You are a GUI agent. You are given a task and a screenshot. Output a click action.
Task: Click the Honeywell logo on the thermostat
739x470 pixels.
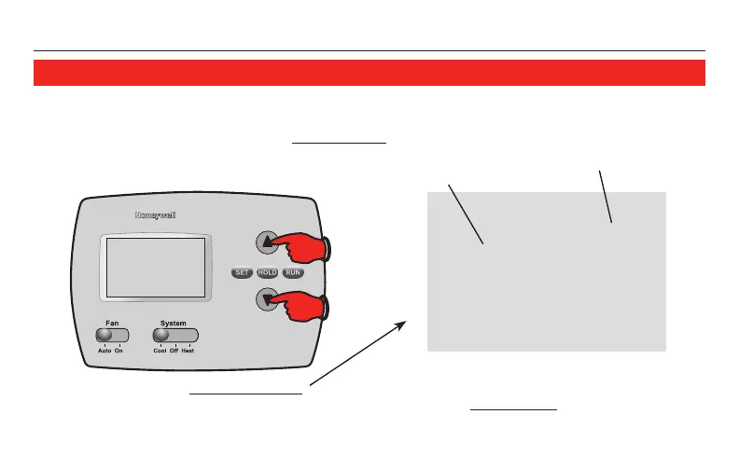(x=156, y=215)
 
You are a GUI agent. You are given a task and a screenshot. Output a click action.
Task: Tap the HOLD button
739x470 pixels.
(x=268, y=272)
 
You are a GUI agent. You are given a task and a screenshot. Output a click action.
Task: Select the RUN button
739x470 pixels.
(x=294, y=272)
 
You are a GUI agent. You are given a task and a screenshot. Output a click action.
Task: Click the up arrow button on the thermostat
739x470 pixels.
(x=267, y=242)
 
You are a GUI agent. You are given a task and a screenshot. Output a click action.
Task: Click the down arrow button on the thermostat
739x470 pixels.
(x=267, y=299)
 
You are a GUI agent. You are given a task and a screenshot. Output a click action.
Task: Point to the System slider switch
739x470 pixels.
(x=174, y=335)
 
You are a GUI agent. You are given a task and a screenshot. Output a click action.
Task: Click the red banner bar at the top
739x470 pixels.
(x=369, y=73)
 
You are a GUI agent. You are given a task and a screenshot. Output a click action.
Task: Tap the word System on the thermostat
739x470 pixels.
(x=174, y=323)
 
